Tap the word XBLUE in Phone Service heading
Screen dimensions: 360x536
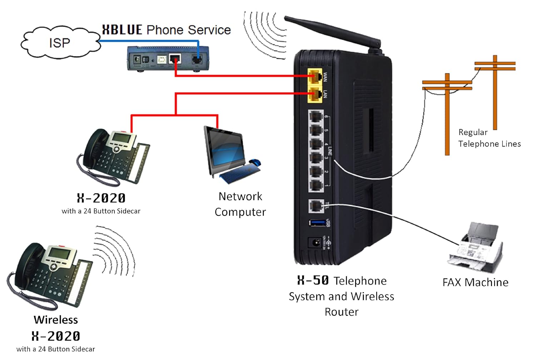click(x=122, y=30)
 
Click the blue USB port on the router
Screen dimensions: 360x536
click(x=317, y=223)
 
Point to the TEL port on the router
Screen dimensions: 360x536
click(x=316, y=206)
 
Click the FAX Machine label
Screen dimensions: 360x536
click(x=475, y=282)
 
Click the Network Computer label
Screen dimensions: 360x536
click(x=240, y=204)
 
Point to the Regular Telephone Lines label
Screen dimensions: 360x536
click(x=489, y=138)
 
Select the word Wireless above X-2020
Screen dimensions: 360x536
click(x=56, y=320)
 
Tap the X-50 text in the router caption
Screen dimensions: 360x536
click(x=313, y=280)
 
